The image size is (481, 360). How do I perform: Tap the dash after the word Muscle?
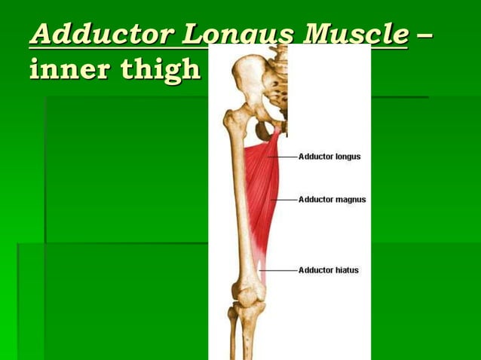point(426,35)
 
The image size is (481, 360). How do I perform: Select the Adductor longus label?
point(329,157)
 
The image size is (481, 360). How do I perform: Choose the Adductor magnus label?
point(332,200)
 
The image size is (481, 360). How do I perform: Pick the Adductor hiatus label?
point(329,270)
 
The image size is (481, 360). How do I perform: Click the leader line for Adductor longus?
point(287,157)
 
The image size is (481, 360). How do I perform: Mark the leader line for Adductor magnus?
point(285,200)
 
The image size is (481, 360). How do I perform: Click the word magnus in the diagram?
point(350,200)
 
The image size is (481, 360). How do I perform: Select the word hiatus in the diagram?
point(347,270)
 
